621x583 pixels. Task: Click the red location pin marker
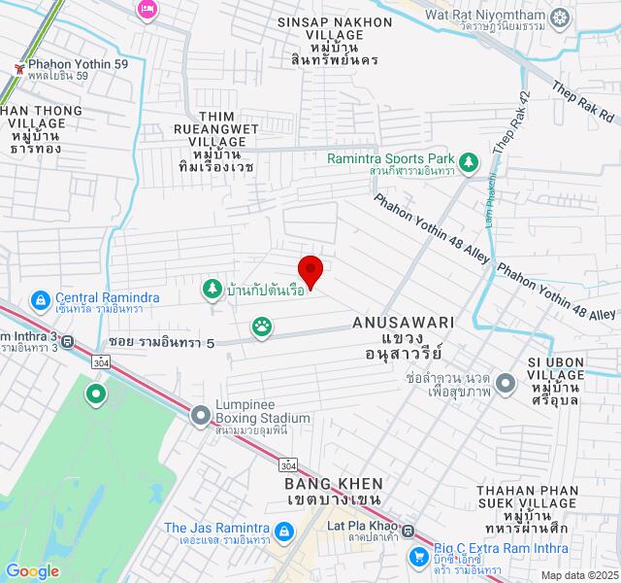310,268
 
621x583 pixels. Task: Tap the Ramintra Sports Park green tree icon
470,159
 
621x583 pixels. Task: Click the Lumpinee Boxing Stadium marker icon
201,416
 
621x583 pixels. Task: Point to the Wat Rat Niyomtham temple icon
560,17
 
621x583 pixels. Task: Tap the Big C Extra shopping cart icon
419,557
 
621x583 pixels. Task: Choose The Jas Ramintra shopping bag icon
282,532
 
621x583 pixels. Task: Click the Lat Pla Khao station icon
409,532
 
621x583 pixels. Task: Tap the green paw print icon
262,327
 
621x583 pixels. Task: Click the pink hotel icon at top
147,9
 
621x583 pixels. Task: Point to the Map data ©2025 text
578,575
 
